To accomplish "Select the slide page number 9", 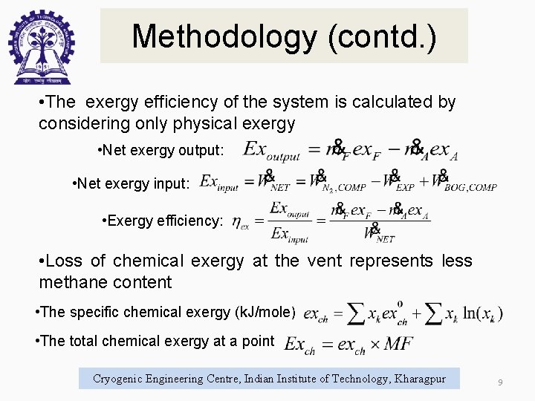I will [x=500, y=382].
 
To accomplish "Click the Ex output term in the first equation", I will [x=272, y=151].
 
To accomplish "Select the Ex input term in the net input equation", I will [x=218, y=183].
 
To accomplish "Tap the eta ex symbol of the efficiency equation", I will [x=240, y=221].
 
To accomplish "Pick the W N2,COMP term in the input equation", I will [x=338, y=183].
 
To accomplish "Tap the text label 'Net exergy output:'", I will [x=160, y=151].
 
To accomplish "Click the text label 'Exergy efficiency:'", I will [x=164, y=221].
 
